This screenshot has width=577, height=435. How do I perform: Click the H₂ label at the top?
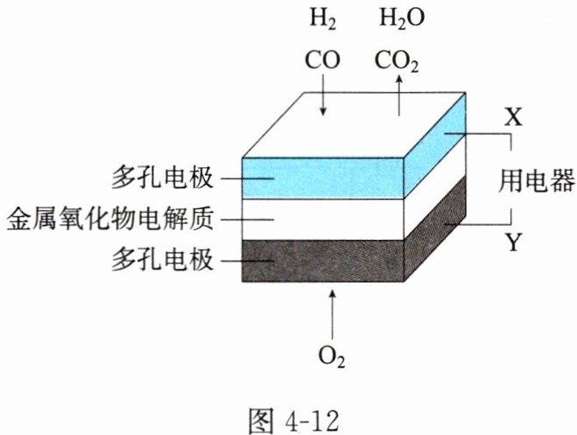322,20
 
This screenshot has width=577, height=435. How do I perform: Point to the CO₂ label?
400,60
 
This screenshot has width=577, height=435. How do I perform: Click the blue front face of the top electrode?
324,178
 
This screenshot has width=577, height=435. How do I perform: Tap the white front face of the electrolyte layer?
324,217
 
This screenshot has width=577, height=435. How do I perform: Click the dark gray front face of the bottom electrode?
324,260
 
